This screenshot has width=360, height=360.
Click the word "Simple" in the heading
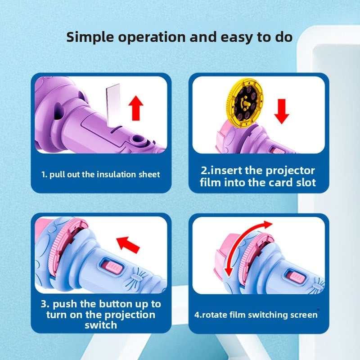click(90, 37)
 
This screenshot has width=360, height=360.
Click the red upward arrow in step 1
click(136, 108)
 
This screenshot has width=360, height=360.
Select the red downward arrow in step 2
click(282, 111)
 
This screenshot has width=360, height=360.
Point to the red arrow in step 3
click(128, 244)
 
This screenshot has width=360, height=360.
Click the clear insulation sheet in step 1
click(113, 104)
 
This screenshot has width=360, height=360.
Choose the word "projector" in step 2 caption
click(290, 171)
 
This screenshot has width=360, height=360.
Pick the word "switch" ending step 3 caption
click(101, 325)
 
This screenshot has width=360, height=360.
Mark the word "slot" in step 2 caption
click(306, 183)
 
